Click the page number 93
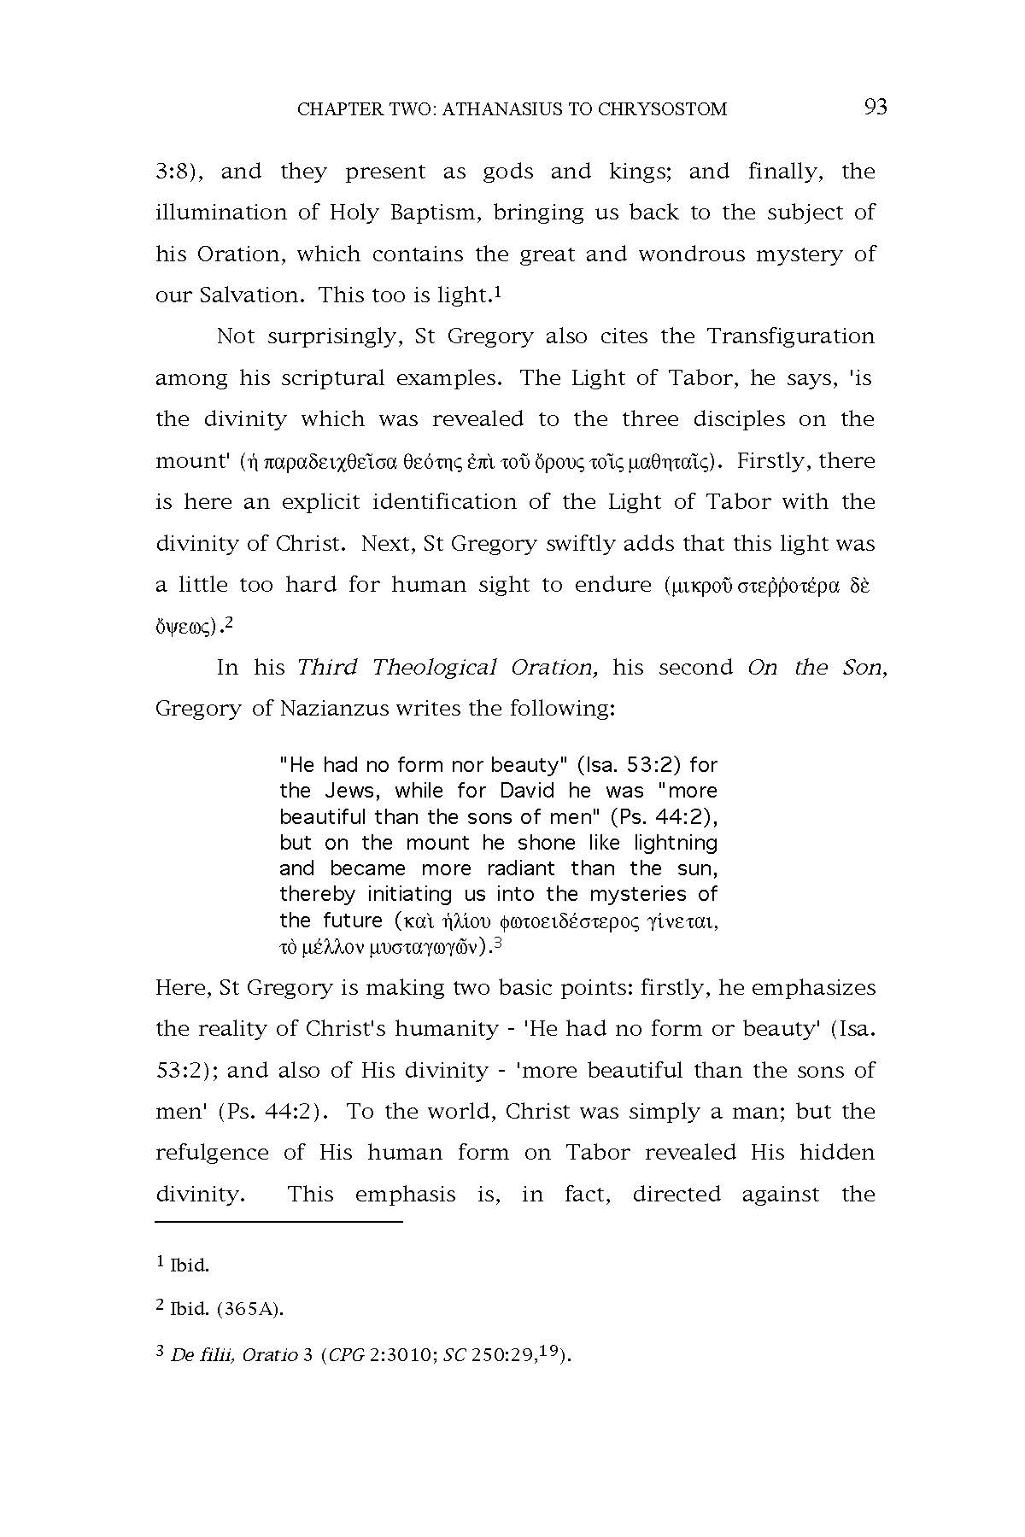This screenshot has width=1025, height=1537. point(876,107)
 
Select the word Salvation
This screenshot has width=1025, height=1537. point(251,295)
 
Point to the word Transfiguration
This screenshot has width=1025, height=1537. point(790,336)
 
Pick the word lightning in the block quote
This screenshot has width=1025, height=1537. point(675,843)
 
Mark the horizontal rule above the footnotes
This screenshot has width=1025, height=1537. point(278,1222)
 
